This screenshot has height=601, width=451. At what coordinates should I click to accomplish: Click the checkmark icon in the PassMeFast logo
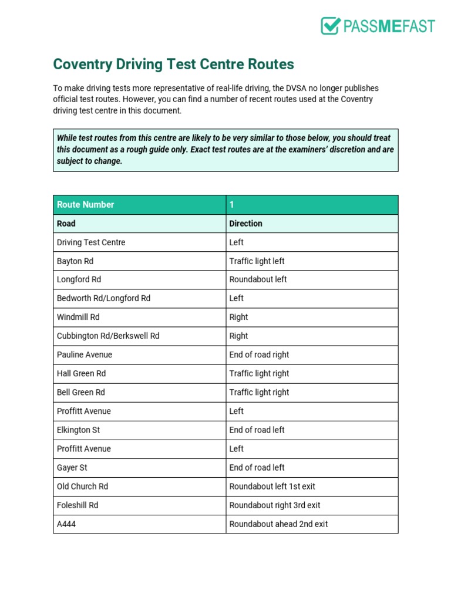(331, 26)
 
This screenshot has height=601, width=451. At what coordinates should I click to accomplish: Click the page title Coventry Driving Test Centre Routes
(173, 64)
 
